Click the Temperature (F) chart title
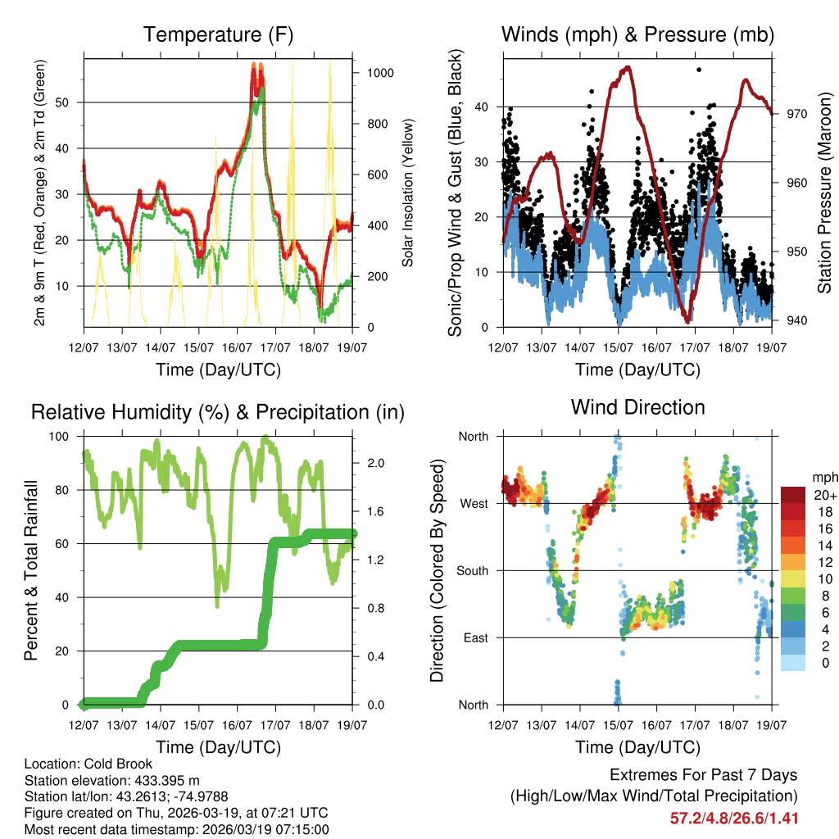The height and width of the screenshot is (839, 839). pyautogui.click(x=218, y=35)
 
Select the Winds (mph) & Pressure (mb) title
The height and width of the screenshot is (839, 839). pyautogui.click(x=638, y=35)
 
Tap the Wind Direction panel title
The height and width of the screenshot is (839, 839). pyautogui.click(x=638, y=407)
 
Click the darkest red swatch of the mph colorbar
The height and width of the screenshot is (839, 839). pyautogui.click(x=794, y=495)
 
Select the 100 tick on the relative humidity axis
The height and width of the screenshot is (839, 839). pyautogui.click(x=61, y=436)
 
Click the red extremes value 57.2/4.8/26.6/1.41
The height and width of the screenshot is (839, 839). pyautogui.click(x=734, y=818)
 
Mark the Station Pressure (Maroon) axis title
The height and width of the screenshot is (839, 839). pyautogui.click(x=825, y=193)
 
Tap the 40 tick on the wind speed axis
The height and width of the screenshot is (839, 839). pyautogui.click(x=482, y=107)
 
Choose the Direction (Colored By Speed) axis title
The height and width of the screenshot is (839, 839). pyautogui.click(x=437, y=570)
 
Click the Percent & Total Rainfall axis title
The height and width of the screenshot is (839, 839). pyautogui.click(x=30, y=570)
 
